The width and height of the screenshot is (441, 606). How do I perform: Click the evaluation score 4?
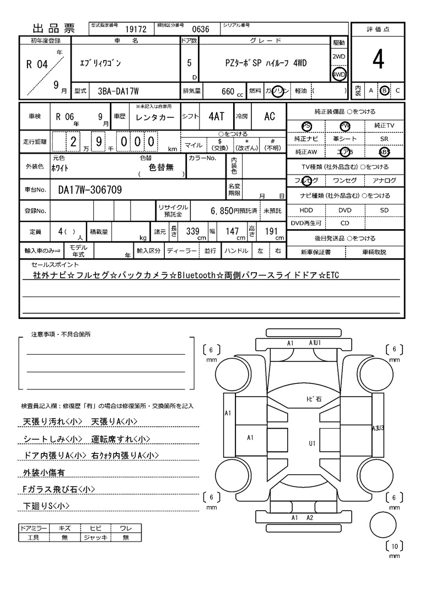coord(378,60)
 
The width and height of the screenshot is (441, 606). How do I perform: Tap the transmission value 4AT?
coord(217,116)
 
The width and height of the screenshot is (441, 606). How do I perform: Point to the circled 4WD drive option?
coord(339,74)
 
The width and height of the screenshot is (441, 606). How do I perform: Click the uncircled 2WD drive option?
coord(339,57)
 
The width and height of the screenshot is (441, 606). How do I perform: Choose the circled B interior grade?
coord(385,90)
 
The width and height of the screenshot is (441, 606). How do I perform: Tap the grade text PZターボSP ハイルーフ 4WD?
coord(266,63)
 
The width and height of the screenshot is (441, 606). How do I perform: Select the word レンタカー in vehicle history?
coord(155,117)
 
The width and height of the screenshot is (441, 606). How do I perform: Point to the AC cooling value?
coord(270,116)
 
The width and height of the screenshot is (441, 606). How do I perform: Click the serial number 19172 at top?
coord(136,29)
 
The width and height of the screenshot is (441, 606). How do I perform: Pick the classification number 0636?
coord(200,29)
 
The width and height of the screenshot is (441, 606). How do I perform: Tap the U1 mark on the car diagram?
coord(312,442)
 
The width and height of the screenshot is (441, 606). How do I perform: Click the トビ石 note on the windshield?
coord(314,398)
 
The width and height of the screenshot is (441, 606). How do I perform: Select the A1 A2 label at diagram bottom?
coord(302,518)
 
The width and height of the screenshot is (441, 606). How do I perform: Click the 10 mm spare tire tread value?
coord(394,547)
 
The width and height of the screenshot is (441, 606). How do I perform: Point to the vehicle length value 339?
coord(192,232)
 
